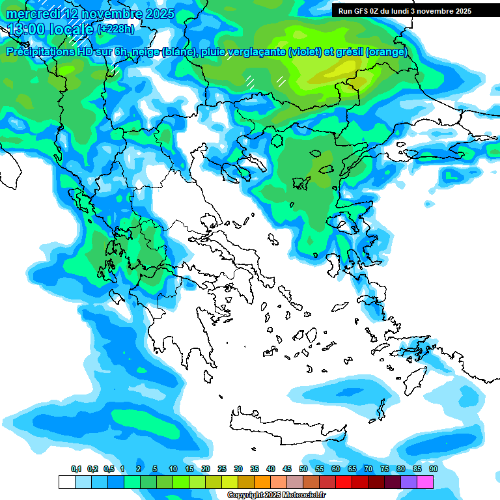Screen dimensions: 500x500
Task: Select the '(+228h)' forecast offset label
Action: pos(115,29)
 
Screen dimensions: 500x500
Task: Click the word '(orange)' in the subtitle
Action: pos(387,52)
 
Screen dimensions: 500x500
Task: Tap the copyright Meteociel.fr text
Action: pos(276,495)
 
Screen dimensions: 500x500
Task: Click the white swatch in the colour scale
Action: pos(66,482)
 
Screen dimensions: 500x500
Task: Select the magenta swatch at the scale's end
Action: pos(425,482)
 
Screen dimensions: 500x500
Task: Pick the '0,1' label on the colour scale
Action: pos(76,469)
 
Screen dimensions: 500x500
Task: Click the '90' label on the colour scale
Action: pos(433,469)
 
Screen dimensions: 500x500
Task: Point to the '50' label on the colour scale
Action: pos(303,469)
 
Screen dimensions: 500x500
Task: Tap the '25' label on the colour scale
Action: pos(222,469)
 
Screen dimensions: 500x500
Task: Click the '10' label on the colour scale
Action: pos(173,469)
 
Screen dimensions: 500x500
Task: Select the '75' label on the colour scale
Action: pos(385,469)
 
